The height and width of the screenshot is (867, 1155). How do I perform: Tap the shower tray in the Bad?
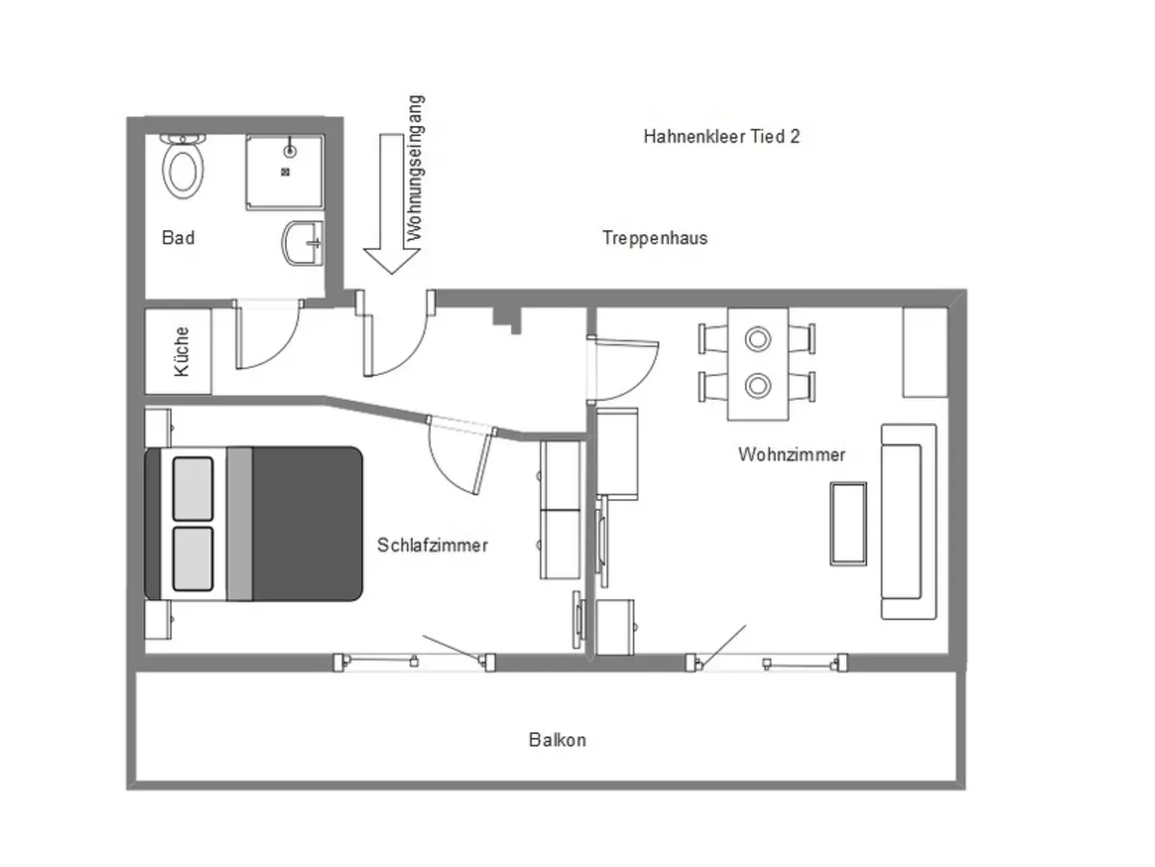tap(284, 171)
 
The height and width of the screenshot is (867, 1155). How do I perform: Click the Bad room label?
tap(178, 237)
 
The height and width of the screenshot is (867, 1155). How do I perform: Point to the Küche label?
tap(181, 352)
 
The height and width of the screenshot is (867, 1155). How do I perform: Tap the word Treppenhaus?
tap(654, 237)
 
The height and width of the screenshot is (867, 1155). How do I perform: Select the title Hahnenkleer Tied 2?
tap(721, 137)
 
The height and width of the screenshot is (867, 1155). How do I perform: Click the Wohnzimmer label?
tap(791, 454)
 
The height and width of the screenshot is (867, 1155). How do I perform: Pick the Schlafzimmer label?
tap(432, 545)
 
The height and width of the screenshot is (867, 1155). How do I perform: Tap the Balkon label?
tap(556, 740)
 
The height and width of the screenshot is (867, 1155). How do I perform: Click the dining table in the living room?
tap(757, 363)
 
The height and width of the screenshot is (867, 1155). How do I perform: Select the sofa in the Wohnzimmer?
tap(909, 521)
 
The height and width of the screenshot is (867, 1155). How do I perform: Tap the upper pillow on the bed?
tap(192, 488)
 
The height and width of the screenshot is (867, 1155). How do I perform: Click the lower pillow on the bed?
tap(192, 559)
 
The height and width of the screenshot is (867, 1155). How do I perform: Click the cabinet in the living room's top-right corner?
tap(925, 352)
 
